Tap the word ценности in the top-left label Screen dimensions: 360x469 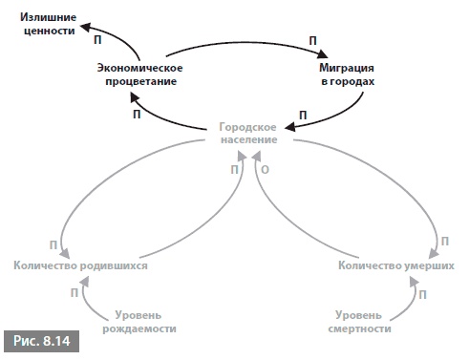43,32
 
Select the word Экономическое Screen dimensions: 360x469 140,68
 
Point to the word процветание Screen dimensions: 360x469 140,81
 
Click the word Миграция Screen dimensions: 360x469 345,68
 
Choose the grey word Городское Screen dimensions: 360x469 247,126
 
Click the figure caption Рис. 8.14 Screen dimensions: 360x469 41,339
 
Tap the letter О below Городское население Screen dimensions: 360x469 265,168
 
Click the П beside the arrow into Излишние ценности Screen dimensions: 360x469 96,42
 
